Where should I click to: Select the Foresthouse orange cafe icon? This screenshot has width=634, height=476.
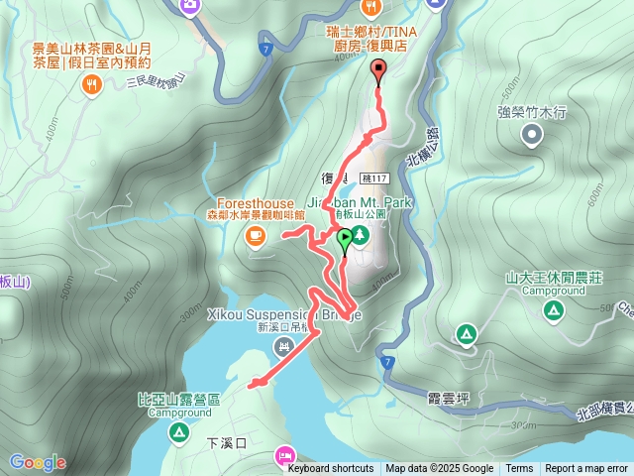pyautogui.click(x=256, y=235)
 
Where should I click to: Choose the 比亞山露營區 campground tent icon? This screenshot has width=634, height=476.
pyautogui.click(x=178, y=431)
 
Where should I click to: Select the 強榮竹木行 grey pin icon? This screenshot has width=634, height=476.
pyautogui.click(x=533, y=135)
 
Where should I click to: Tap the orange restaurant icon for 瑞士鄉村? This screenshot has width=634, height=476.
pyautogui.click(x=371, y=9)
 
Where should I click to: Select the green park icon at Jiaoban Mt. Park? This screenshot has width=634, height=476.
pyautogui.click(x=360, y=234)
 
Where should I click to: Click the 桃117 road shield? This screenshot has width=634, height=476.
pyautogui.click(x=375, y=178)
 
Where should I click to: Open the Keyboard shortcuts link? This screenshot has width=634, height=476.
pyautogui.click(x=331, y=469)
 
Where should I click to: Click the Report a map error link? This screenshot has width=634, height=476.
pyautogui.click(x=586, y=469)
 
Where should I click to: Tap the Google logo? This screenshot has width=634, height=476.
pyautogui.click(x=37, y=462)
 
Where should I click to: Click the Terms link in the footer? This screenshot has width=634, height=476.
pyautogui.click(x=519, y=469)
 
